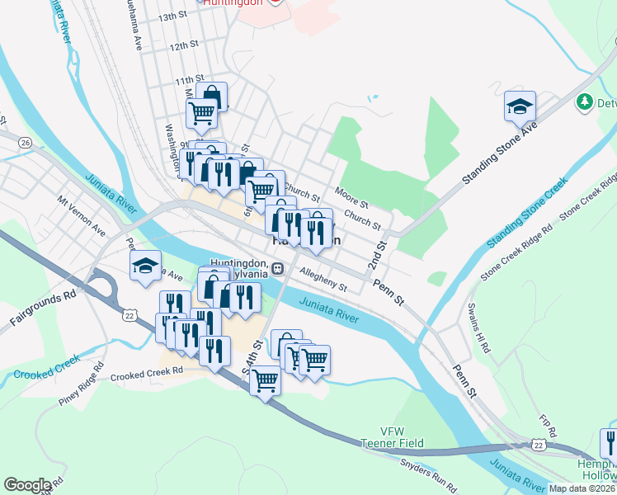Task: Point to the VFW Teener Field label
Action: pos(391,437)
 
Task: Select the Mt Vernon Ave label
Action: pos(81,214)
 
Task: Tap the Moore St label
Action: pos(351,197)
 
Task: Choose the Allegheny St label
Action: pos(323,280)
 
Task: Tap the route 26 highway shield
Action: pos(26,143)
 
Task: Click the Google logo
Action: pos(27,485)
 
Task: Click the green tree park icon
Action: pos(585,101)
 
